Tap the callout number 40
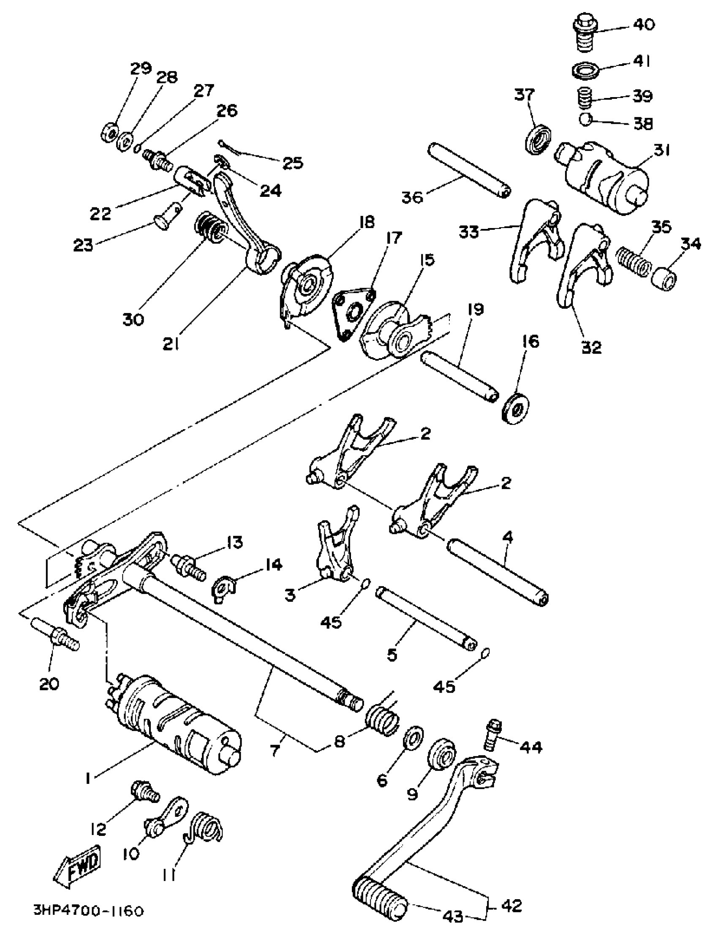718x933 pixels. click(643, 24)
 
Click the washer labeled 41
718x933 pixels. click(585, 69)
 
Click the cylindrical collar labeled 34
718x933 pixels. click(664, 277)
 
